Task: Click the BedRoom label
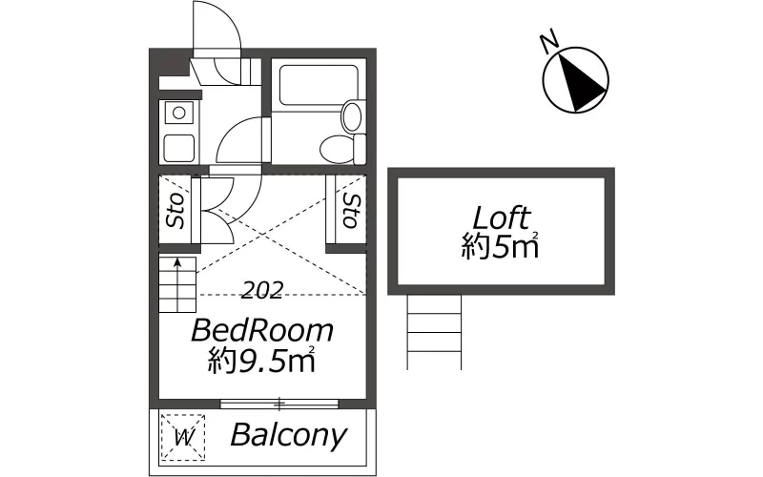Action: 262,330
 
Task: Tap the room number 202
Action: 262,291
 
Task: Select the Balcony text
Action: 289,436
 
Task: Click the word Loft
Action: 502,218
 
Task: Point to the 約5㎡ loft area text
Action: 500,247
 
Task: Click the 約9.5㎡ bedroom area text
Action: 261,361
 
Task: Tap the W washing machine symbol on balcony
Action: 183,437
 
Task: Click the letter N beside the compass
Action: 549,43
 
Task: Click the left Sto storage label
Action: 175,211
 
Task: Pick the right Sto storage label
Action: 351,210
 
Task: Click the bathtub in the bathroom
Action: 319,84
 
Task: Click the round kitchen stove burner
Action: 179,113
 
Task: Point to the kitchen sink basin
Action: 179,149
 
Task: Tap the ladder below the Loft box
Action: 434,332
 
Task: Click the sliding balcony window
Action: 278,404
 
